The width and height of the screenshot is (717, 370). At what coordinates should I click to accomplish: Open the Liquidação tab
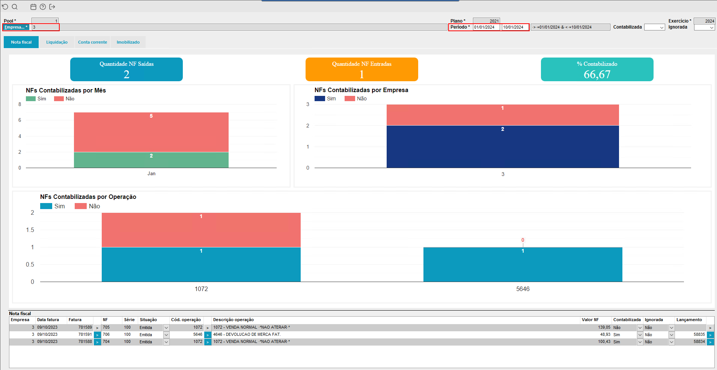point(57,42)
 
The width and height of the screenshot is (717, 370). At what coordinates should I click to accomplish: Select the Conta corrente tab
point(92,42)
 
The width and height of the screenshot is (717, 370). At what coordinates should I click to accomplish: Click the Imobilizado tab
point(128,42)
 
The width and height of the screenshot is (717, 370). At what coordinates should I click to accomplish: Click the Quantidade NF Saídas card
point(127,69)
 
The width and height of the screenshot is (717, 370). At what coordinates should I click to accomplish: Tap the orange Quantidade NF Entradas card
point(362,69)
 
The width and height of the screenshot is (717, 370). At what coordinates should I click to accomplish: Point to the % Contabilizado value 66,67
point(597,74)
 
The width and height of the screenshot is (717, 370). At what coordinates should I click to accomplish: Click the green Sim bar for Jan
point(151,160)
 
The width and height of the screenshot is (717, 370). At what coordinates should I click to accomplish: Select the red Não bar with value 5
point(151,132)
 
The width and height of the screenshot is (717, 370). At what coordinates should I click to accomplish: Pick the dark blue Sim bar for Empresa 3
point(503,147)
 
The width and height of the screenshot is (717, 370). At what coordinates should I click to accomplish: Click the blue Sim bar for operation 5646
point(523,264)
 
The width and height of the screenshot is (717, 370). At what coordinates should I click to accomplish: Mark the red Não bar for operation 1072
point(201,230)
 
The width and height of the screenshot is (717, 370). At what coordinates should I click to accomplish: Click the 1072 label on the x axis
point(201,289)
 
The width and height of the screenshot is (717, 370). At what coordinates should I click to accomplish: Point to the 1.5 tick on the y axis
point(30,230)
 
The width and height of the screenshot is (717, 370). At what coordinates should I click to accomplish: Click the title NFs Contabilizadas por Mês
point(66,90)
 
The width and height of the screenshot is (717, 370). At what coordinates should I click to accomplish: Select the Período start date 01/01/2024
point(486,27)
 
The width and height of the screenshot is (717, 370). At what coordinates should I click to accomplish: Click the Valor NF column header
point(590,320)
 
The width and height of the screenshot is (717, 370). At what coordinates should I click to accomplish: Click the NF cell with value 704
point(107,341)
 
